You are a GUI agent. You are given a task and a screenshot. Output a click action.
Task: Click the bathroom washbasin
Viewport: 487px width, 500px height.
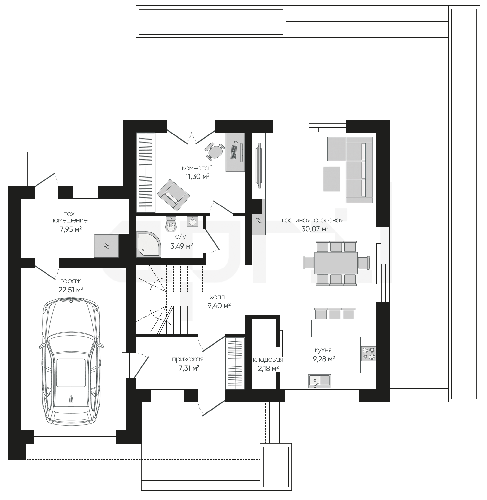[192, 222]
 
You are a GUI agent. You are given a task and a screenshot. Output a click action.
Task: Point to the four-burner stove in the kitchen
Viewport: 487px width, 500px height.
[369, 354]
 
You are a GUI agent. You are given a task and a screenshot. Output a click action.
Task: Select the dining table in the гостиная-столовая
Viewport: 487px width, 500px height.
[336, 263]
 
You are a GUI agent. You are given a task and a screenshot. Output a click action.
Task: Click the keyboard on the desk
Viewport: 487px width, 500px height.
[234, 152]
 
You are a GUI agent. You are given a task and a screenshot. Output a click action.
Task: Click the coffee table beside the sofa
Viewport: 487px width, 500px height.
[331, 179]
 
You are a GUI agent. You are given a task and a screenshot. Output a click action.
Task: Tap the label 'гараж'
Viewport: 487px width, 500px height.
[71, 281]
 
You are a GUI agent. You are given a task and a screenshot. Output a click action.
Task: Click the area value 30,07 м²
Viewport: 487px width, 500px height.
[315, 229]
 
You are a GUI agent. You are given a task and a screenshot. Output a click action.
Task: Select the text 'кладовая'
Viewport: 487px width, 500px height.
[268, 360]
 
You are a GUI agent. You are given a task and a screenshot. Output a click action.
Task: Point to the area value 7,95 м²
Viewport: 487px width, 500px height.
[71, 229]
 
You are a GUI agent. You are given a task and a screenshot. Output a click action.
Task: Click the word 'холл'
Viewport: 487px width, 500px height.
[217, 297]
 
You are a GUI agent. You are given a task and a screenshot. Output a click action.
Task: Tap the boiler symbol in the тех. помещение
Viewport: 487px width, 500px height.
[106, 246]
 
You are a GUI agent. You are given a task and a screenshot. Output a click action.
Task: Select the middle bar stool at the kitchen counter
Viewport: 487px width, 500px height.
[335, 313]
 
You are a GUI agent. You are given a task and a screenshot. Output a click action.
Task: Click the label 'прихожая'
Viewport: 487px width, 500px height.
[188, 359]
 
